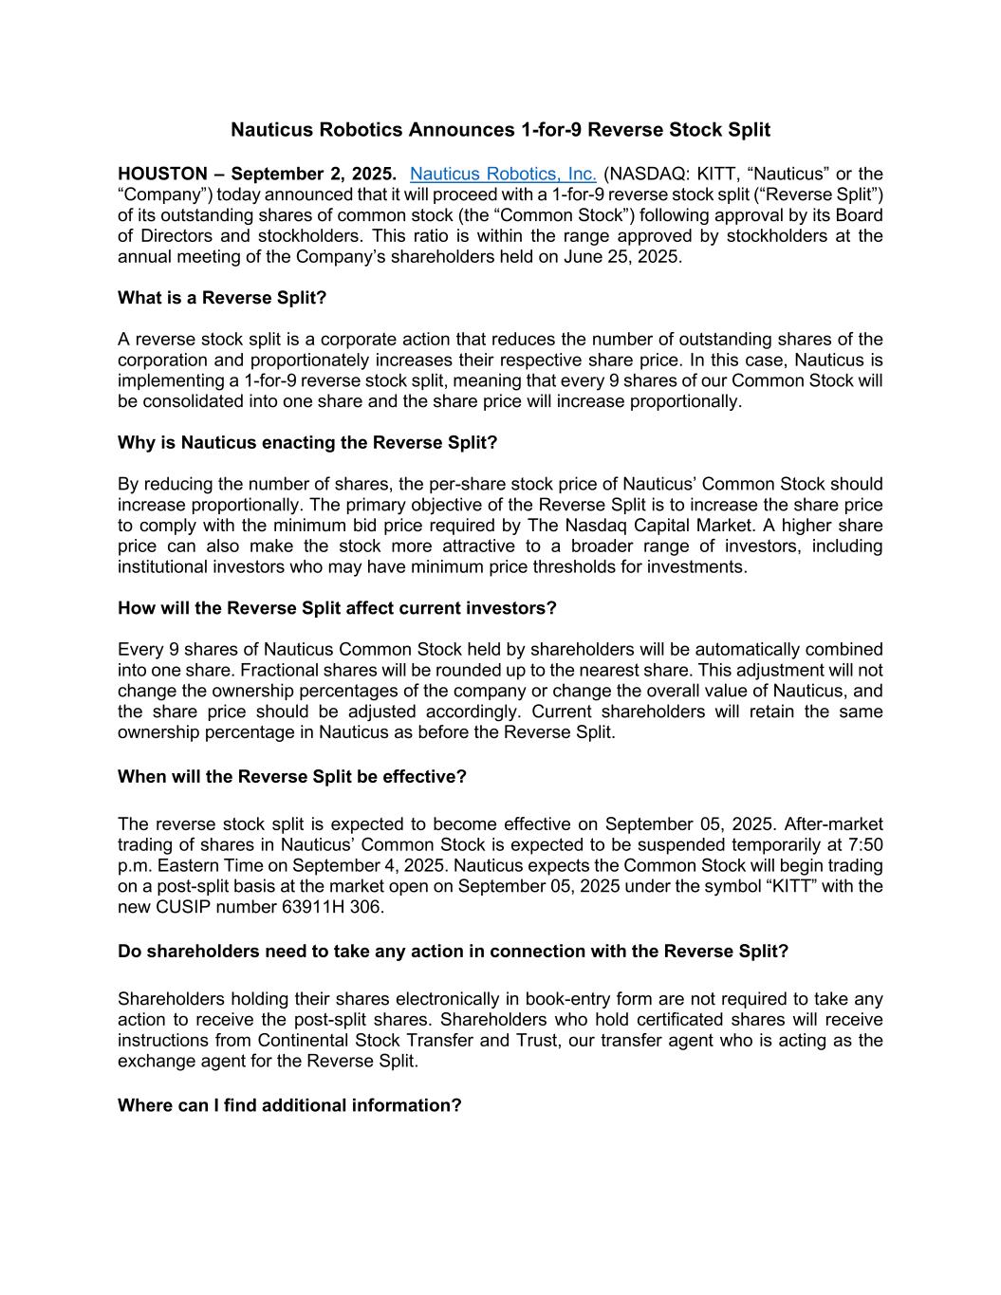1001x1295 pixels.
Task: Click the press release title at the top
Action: pyautogui.click(x=500, y=129)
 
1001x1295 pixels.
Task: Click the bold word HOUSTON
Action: pyautogui.click(x=162, y=174)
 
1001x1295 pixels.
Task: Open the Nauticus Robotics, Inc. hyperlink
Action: pyautogui.click(x=503, y=174)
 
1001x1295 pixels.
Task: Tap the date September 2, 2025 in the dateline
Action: pyautogui.click(x=314, y=174)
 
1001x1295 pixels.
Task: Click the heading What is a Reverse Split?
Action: pyautogui.click(x=222, y=298)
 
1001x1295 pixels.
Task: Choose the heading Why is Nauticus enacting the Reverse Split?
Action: pyautogui.click(x=307, y=442)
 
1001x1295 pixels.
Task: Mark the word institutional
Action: pyautogui.click(x=169, y=567)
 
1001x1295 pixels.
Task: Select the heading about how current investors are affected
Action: pyautogui.click(x=337, y=608)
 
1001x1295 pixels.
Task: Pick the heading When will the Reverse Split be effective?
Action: pyautogui.click(x=292, y=777)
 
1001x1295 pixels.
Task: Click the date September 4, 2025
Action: pyautogui.click(x=366, y=866)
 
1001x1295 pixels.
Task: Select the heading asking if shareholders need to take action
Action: pyautogui.click(x=453, y=952)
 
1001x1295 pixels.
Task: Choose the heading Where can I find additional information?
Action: pyautogui.click(x=289, y=1105)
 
